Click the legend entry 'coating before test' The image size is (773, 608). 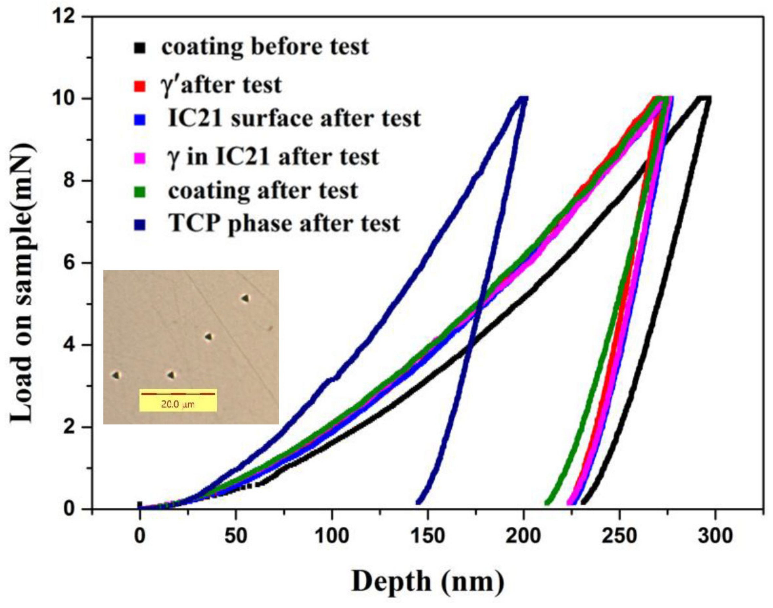coord(265,47)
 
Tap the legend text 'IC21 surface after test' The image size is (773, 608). coord(294,119)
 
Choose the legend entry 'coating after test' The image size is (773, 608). coord(263,191)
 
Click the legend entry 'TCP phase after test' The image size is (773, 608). coord(284,224)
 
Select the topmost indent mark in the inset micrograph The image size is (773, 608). coord(245,298)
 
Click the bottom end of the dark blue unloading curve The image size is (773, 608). coord(418,502)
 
